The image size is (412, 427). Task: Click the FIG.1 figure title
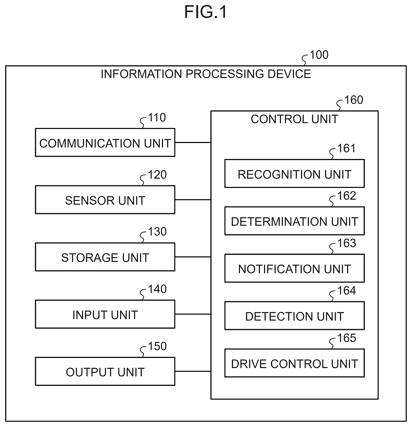(206, 12)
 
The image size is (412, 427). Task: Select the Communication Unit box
(105, 143)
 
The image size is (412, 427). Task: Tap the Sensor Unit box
(105, 200)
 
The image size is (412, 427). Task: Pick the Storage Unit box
(105, 257)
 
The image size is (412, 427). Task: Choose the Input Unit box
(105, 314)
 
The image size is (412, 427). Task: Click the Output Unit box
(105, 371)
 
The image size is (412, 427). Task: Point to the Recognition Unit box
(294, 173)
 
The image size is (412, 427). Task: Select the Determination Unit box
(294, 221)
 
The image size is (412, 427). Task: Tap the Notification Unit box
(294, 268)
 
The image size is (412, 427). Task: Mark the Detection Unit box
(294, 316)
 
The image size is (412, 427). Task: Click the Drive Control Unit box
(294, 363)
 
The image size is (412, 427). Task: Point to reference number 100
(319, 55)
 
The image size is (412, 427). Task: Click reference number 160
(354, 100)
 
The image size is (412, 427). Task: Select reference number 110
(157, 118)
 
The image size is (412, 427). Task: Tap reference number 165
(347, 338)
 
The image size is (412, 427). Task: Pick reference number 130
(157, 232)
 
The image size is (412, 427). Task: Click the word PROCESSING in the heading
(225, 74)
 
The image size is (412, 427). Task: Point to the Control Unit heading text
(295, 119)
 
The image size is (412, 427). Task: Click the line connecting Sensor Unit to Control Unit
(193, 200)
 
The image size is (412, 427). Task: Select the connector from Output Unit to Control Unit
(193, 371)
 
